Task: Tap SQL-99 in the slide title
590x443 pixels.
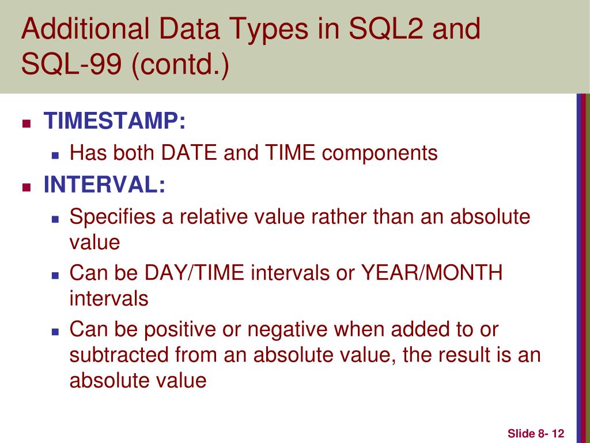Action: (71, 63)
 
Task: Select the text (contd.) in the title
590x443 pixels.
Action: (180, 65)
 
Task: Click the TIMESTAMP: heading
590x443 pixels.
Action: (115, 121)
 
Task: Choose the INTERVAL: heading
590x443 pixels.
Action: (105, 185)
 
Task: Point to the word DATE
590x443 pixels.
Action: (189, 153)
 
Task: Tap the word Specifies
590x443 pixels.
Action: (112, 217)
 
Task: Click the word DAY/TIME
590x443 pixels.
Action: (194, 272)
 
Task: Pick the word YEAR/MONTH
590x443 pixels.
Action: (432, 272)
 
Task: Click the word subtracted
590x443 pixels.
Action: (119, 355)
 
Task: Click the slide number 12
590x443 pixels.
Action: (558, 434)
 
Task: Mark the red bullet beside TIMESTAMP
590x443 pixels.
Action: (27, 123)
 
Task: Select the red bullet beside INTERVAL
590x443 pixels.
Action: (27, 187)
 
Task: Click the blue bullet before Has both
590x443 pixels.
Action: (56, 155)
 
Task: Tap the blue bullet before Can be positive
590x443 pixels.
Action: (56, 332)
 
